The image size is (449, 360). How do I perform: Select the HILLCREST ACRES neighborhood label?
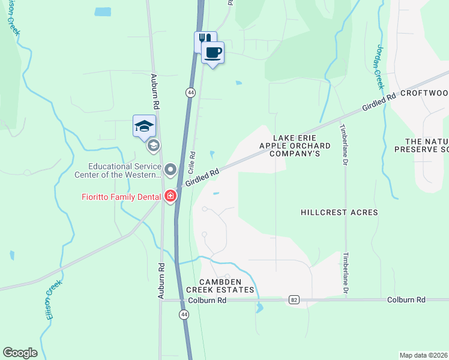pyautogui.click(x=339, y=212)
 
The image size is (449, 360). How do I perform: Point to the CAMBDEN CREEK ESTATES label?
pyautogui.click(x=227, y=286)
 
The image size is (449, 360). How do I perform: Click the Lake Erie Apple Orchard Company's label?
pyautogui.click(x=295, y=146)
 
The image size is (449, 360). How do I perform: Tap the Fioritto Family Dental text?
pyautogui.click(x=120, y=196)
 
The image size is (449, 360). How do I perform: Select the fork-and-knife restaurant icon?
pyautogui.click(x=205, y=40)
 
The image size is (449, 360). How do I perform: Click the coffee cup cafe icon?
pyautogui.click(x=212, y=53)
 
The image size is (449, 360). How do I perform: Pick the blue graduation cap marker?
pyautogui.click(x=144, y=126)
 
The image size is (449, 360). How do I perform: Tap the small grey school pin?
pyautogui.click(x=154, y=145)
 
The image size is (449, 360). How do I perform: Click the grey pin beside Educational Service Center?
pyautogui.click(x=170, y=170)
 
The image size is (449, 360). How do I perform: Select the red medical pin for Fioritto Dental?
pyautogui.click(x=170, y=196)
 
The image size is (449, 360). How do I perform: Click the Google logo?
pyautogui.click(x=20, y=353)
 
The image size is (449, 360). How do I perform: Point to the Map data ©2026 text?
pyautogui.click(x=424, y=355)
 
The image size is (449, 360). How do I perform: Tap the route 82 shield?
pyautogui.click(x=293, y=299)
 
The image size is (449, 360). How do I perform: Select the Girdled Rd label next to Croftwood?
pyautogui.click(x=379, y=103)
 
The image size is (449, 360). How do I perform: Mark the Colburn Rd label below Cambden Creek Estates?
pyautogui.click(x=206, y=299)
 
